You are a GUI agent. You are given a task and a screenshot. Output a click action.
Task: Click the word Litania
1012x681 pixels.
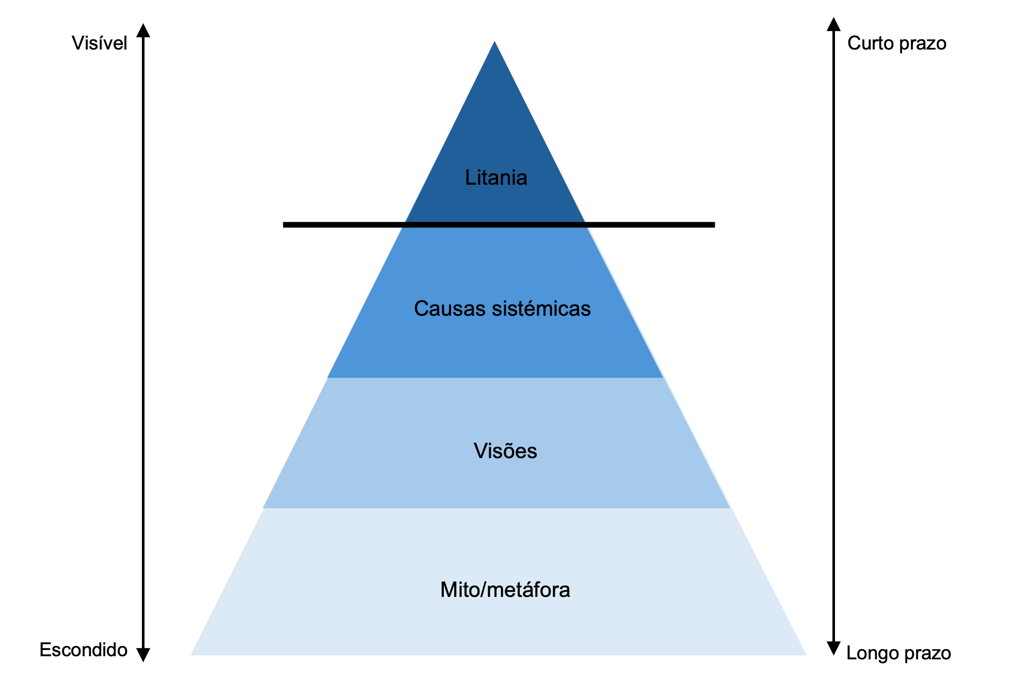(x=496, y=177)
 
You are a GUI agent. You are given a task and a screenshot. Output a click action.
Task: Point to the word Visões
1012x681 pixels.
(x=505, y=451)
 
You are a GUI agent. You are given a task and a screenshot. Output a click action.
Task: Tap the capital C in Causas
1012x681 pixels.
(x=422, y=309)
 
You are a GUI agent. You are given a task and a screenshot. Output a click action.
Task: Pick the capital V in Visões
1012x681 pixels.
(x=480, y=451)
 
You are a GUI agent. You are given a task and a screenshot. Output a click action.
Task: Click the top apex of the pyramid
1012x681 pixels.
(x=495, y=42)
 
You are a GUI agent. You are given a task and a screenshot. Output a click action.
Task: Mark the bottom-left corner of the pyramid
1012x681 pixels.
(x=192, y=654)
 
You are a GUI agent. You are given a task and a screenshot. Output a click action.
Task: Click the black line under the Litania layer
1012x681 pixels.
(x=495, y=224)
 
